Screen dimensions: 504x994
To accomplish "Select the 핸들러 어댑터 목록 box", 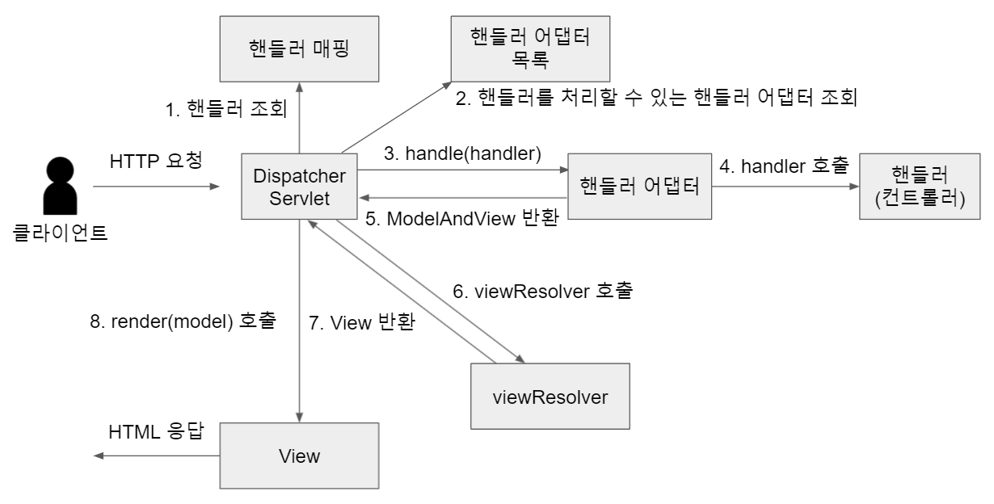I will click(530, 51).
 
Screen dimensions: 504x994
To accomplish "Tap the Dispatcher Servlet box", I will click(300, 187).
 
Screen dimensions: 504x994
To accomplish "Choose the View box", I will click(300, 456).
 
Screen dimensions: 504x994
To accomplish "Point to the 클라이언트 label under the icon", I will click(61, 235).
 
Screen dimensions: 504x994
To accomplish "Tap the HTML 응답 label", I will click(156, 433).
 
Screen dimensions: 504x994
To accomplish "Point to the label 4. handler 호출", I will click(784, 167).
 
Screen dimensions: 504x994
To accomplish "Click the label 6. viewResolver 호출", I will click(541, 291).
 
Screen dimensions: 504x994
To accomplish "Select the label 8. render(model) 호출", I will click(183, 321).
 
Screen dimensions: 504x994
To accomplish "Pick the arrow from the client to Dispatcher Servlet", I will click(156, 187).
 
